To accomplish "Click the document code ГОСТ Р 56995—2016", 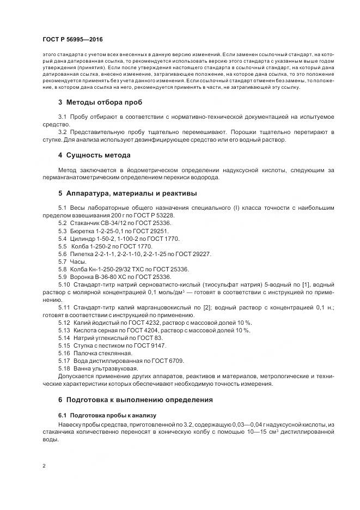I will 72,39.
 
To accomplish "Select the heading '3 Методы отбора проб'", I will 101,102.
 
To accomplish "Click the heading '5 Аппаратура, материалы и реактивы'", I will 128,193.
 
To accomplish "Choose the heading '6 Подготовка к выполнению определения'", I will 135,399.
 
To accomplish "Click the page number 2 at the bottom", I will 43,466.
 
